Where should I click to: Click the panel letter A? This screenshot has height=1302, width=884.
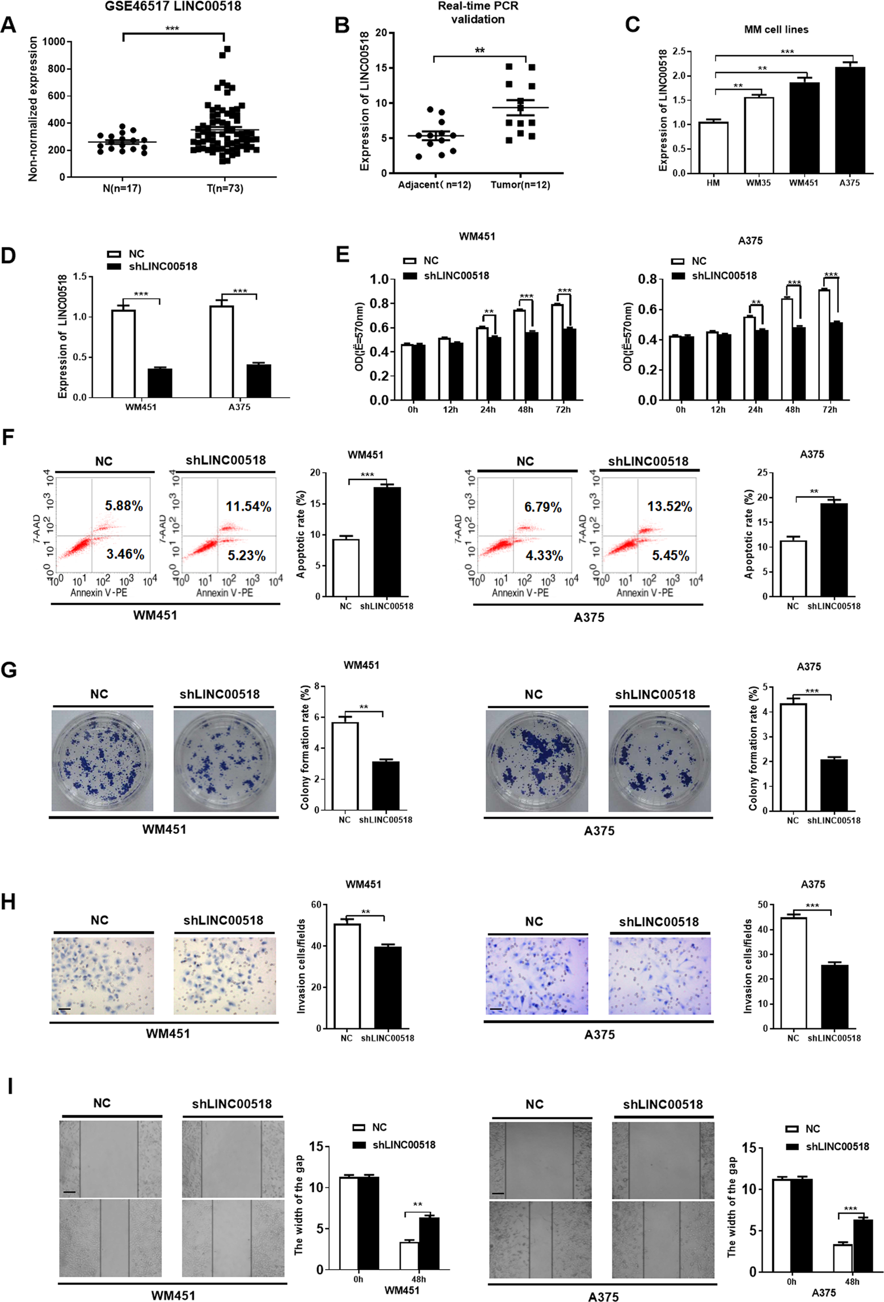click(8, 25)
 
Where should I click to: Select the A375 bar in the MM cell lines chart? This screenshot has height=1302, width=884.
click(849, 120)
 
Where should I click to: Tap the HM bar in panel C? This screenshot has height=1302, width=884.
click(713, 148)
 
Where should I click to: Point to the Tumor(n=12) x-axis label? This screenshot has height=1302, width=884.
click(520, 185)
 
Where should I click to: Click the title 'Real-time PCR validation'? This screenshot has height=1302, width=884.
click(478, 12)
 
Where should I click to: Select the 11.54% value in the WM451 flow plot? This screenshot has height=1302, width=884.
click(248, 507)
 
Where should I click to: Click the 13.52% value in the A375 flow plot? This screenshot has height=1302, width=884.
click(670, 507)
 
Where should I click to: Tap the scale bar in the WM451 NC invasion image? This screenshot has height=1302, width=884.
click(64, 1009)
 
